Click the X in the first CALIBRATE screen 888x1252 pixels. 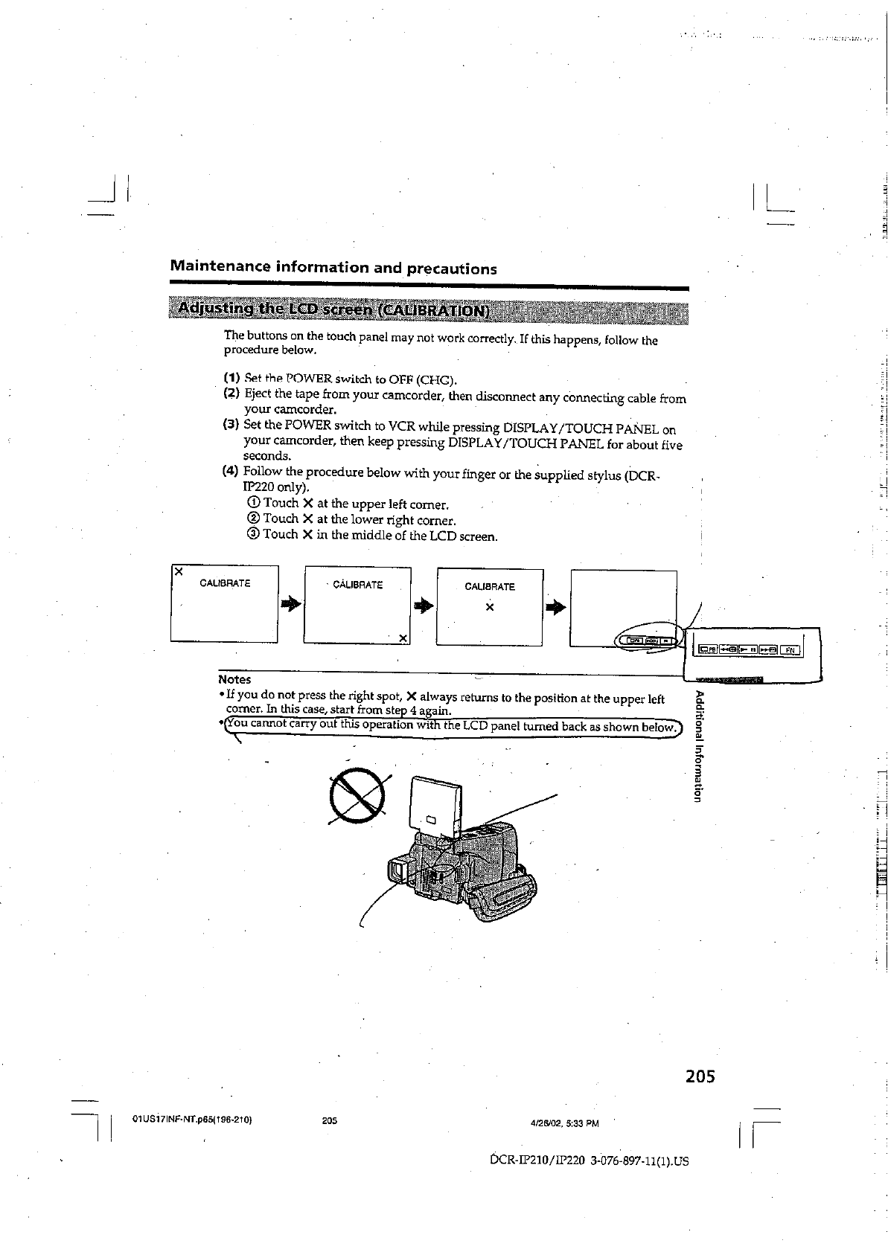(178, 572)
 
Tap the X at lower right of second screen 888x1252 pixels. (403, 638)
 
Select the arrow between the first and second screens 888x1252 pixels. (291, 605)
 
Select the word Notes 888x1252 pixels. (234, 679)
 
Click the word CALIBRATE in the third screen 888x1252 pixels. (490, 586)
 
